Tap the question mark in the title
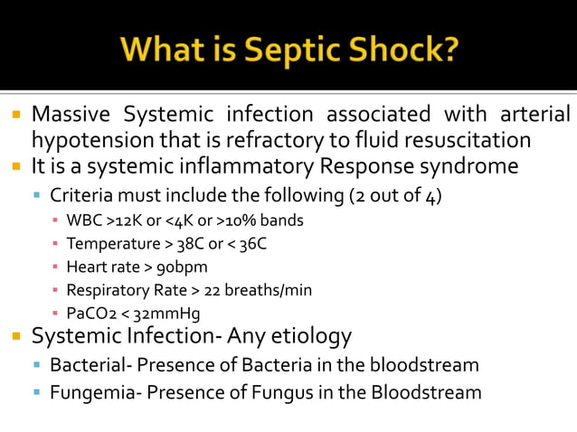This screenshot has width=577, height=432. click(449, 47)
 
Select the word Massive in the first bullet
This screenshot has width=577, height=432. click(71, 116)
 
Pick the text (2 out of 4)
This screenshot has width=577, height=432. click(395, 195)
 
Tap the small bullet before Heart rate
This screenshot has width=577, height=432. click(56, 268)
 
